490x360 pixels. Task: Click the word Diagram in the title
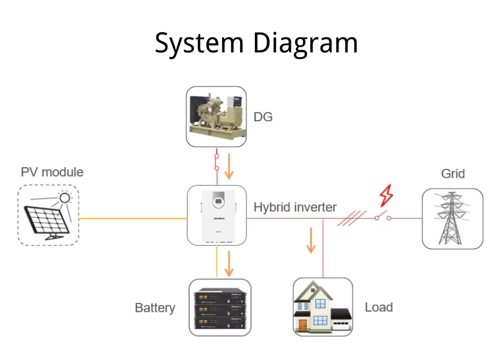(305, 43)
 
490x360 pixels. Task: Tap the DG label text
(263, 117)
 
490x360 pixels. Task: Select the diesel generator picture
(216, 116)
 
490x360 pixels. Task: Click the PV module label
(52, 172)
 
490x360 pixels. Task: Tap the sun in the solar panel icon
(65, 198)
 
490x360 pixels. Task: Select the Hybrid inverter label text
(295, 207)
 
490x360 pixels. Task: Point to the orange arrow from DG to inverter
(229, 167)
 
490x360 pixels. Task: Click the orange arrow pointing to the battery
(229, 264)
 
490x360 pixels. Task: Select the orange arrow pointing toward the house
(311, 241)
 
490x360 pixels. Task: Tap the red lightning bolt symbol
(387, 195)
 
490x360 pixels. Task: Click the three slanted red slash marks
(352, 218)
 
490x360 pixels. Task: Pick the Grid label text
(453, 174)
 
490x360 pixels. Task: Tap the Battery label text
(155, 308)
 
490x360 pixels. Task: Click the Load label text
(379, 307)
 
